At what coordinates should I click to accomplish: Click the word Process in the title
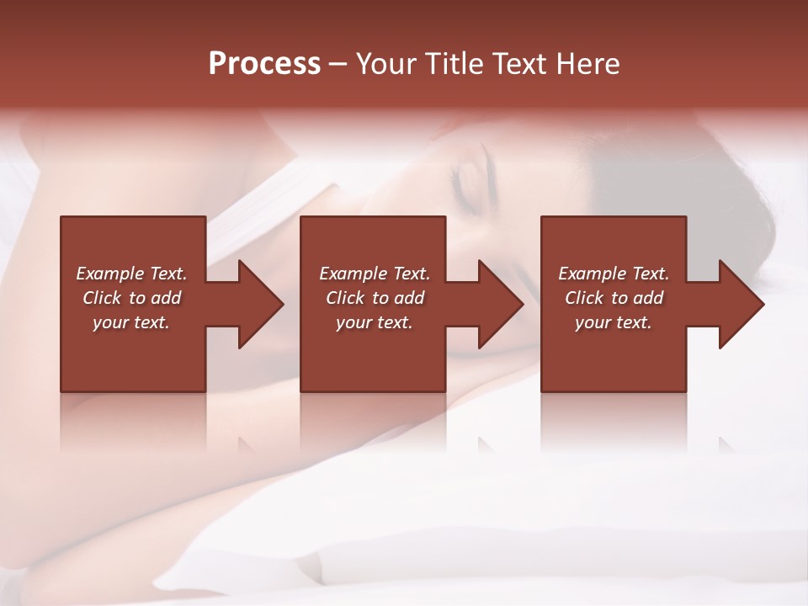264,64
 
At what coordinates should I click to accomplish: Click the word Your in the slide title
388,64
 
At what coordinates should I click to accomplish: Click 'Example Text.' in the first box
131,274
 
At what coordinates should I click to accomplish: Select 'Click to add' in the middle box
375,298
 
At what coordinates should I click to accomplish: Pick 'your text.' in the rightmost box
614,322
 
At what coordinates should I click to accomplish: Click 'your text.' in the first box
131,322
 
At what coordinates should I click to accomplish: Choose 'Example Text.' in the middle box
375,274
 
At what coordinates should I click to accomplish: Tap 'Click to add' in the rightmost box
614,298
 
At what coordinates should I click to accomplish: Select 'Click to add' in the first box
131,298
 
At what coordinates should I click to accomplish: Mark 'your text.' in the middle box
375,322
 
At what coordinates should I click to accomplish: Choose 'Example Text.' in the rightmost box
614,274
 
